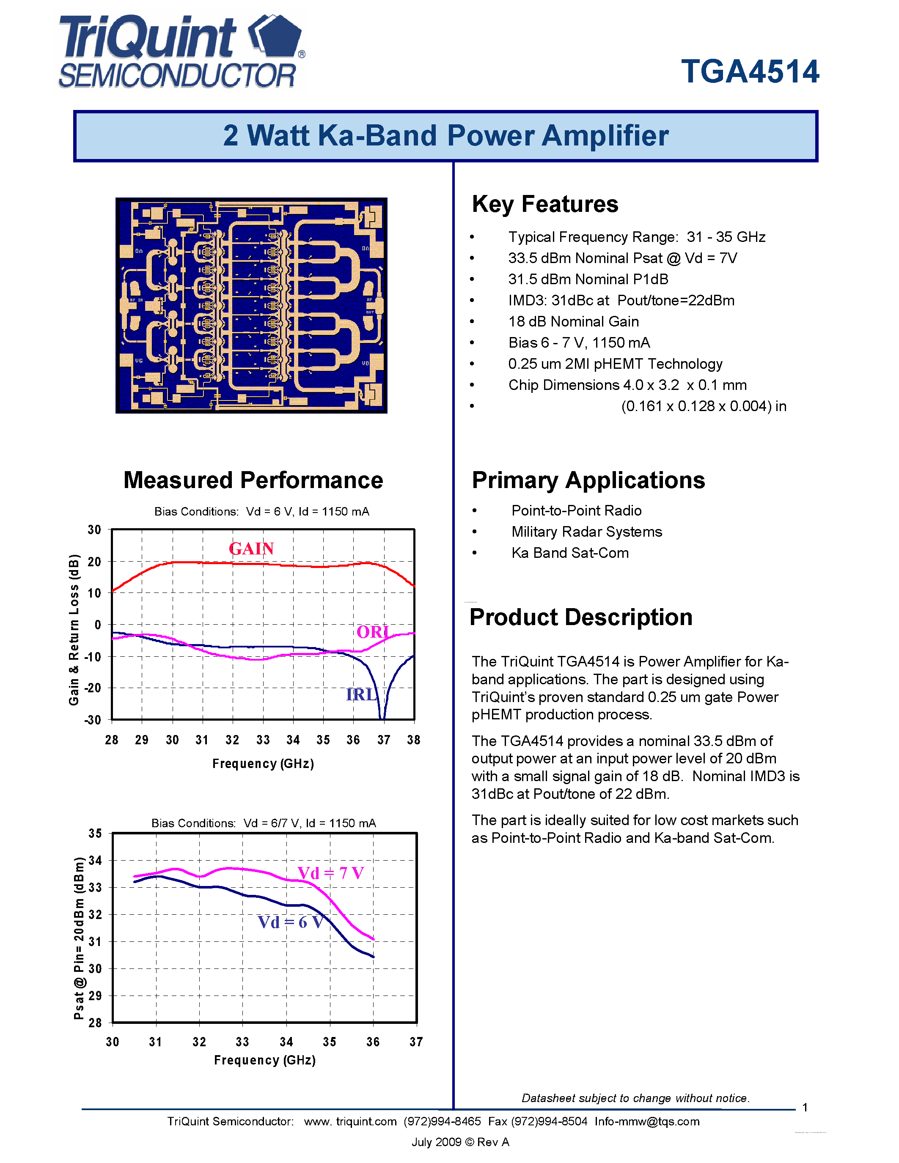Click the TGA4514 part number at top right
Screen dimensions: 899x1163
point(750,72)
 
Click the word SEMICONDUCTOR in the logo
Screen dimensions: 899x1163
point(177,76)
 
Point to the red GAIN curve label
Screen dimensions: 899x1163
point(251,549)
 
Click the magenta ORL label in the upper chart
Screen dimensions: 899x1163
point(373,632)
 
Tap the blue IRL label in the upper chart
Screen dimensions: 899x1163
point(362,694)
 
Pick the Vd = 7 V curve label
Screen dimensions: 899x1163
point(331,873)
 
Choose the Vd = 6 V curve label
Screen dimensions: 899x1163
point(291,922)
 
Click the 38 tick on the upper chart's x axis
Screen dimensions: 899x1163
point(414,740)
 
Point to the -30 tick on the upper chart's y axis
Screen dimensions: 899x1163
point(93,720)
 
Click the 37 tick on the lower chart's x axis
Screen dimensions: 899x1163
point(416,1042)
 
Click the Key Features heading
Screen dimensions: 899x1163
point(545,204)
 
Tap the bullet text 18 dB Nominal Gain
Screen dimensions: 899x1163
point(573,322)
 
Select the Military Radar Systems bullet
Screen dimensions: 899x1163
point(586,532)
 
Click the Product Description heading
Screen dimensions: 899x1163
point(581,617)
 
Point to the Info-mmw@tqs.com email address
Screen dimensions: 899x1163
point(646,1122)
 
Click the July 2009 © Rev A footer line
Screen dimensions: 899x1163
point(460,1142)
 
